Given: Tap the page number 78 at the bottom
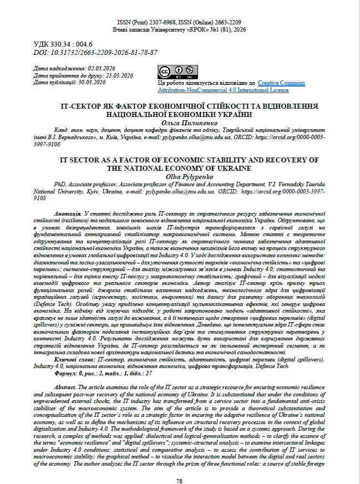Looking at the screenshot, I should pos(179,466).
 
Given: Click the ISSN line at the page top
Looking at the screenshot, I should pos(179,21).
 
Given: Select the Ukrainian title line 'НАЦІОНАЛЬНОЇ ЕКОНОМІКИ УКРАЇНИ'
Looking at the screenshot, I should pos(179,113).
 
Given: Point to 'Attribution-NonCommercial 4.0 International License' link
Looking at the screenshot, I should pos(223,90).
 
